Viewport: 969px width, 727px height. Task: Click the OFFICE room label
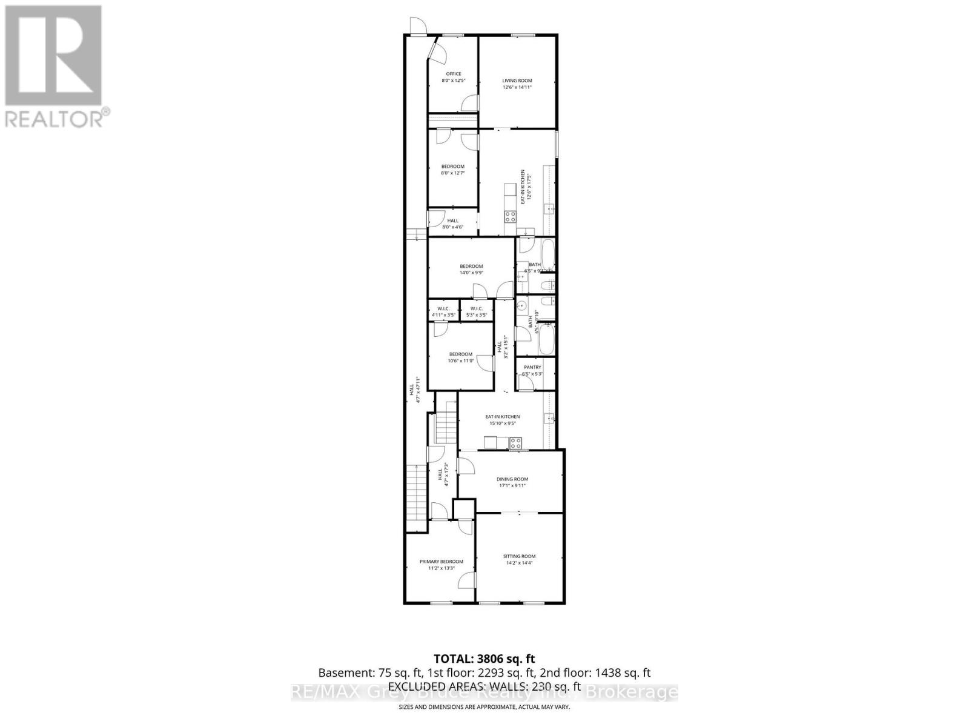(x=453, y=74)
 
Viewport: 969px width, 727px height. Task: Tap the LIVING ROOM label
(x=517, y=81)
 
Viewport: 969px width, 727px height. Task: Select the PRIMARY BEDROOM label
(x=441, y=562)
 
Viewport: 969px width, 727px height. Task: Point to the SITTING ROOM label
(x=519, y=556)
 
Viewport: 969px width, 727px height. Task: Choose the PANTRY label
(x=532, y=367)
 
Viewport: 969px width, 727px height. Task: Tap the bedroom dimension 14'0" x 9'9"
(x=471, y=273)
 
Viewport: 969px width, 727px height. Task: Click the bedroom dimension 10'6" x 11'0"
(x=460, y=360)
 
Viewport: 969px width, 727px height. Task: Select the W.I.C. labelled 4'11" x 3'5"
(x=443, y=312)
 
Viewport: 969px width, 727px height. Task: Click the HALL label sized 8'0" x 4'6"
(x=452, y=224)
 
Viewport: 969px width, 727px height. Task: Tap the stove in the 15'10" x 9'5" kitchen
(x=515, y=443)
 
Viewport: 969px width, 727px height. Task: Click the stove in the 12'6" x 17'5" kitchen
(x=510, y=216)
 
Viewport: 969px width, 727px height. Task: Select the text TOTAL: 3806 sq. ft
(x=484, y=659)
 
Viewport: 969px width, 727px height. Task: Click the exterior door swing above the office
(x=417, y=25)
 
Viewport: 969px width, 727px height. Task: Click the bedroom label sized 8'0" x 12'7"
(x=452, y=170)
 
